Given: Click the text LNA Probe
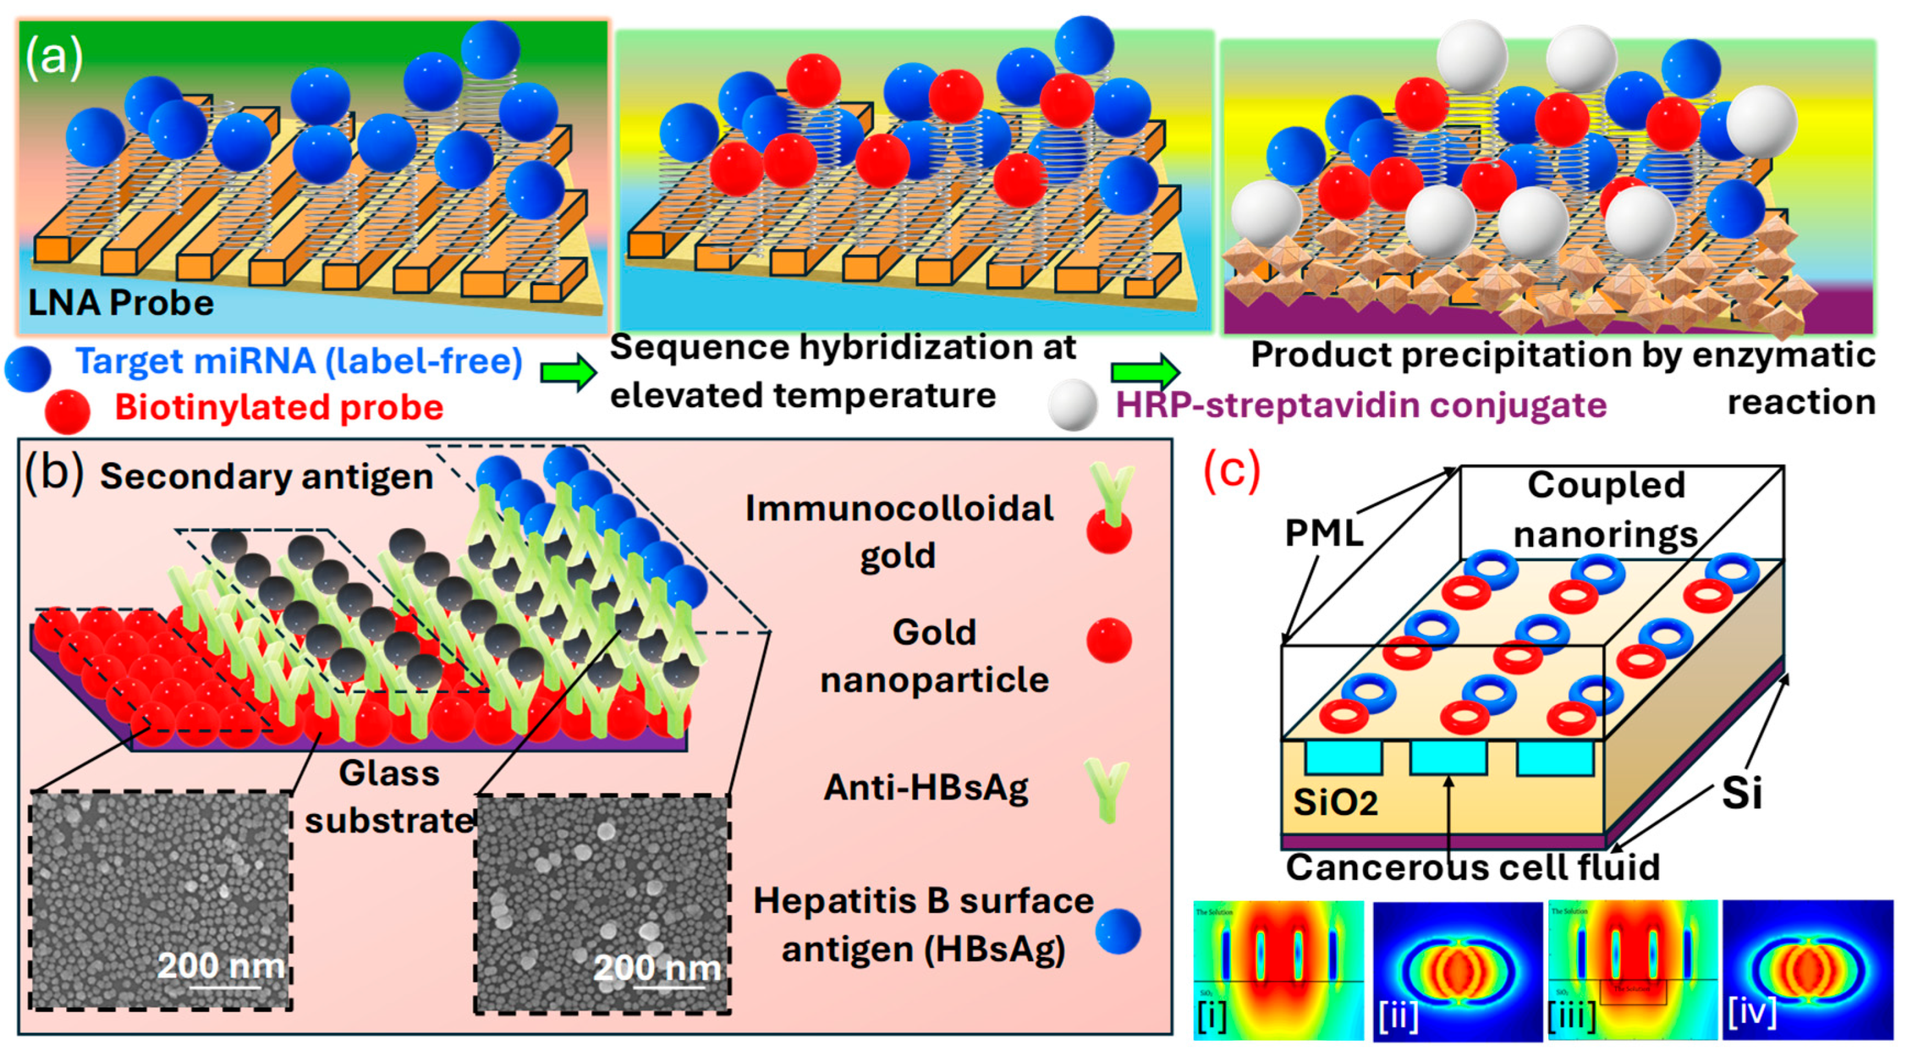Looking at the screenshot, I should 120,303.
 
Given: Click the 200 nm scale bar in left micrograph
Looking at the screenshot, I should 225,986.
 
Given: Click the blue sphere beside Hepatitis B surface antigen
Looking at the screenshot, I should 1118,931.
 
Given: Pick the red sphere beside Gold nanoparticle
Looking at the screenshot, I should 1109,640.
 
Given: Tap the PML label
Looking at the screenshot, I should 1324,533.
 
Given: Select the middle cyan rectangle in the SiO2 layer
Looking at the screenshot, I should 1448,757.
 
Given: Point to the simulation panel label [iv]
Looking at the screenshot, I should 1751,1013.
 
